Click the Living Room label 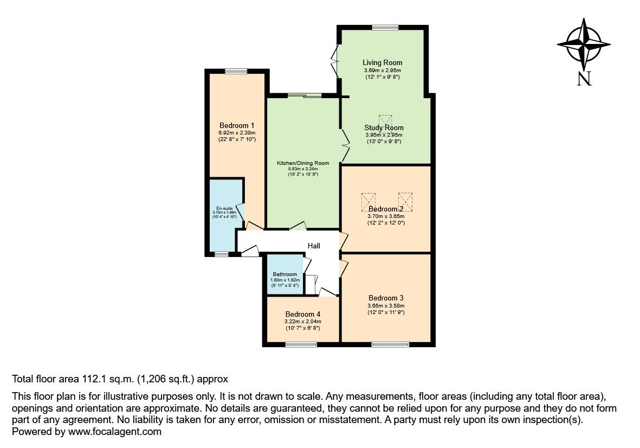tap(382, 63)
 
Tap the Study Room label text tap(384, 128)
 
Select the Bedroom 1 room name tap(234, 125)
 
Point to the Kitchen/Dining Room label tap(303, 163)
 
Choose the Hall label tap(314, 246)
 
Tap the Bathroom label tap(285, 274)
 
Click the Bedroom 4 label tap(302, 314)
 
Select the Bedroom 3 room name tap(386, 298)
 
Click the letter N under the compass tap(584, 79)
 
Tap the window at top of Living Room tap(385, 28)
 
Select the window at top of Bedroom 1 tap(236, 71)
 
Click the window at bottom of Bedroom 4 tap(301, 343)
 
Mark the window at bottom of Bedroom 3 tap(390, 343)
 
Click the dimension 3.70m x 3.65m tap(386, 216)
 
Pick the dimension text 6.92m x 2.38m tap(234, 132)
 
